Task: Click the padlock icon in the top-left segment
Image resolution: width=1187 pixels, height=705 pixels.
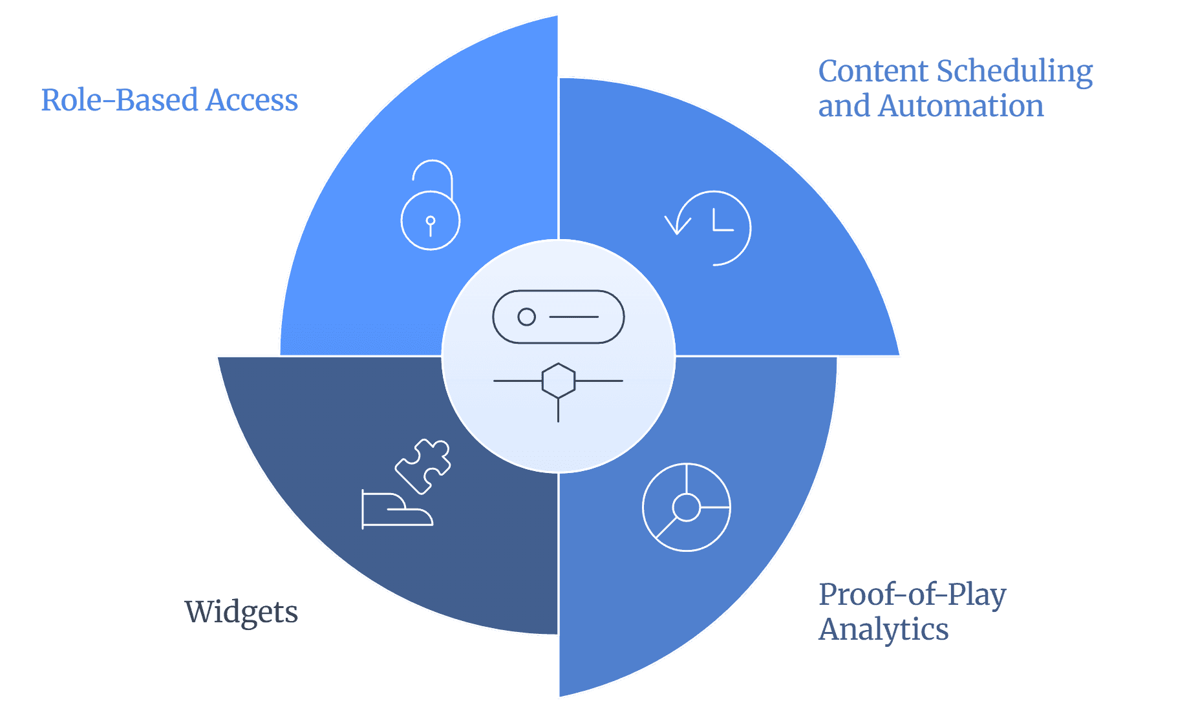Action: (x=431, y=220)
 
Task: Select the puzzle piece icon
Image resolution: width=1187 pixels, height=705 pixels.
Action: (x=423, y=466)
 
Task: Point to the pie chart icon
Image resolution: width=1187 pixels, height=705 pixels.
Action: (x=687, y=507)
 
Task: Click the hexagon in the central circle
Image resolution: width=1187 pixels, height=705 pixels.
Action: (x=558, y=380)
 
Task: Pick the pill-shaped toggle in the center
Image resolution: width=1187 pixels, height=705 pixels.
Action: (x=559, y=317)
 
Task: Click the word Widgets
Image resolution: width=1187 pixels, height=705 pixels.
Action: (x=241, y=612)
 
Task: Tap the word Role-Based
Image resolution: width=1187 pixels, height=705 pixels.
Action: (x=120, y=100)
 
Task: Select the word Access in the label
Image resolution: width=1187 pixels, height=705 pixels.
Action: (x=252, y=100)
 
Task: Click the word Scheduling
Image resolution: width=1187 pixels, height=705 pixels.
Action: (x=1014, y=72)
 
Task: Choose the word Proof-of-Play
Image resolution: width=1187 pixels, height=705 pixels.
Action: (x=912, y=595)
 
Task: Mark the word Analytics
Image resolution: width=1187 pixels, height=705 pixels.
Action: (x=883, y=629)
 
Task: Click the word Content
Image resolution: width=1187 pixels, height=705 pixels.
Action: (x=873, y=72)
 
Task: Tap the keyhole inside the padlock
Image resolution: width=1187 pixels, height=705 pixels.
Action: (x=431, y=226)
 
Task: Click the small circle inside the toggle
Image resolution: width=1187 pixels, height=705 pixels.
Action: (x=527, y=317)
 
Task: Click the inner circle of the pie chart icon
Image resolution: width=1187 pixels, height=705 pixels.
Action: (x=687, y=507)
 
